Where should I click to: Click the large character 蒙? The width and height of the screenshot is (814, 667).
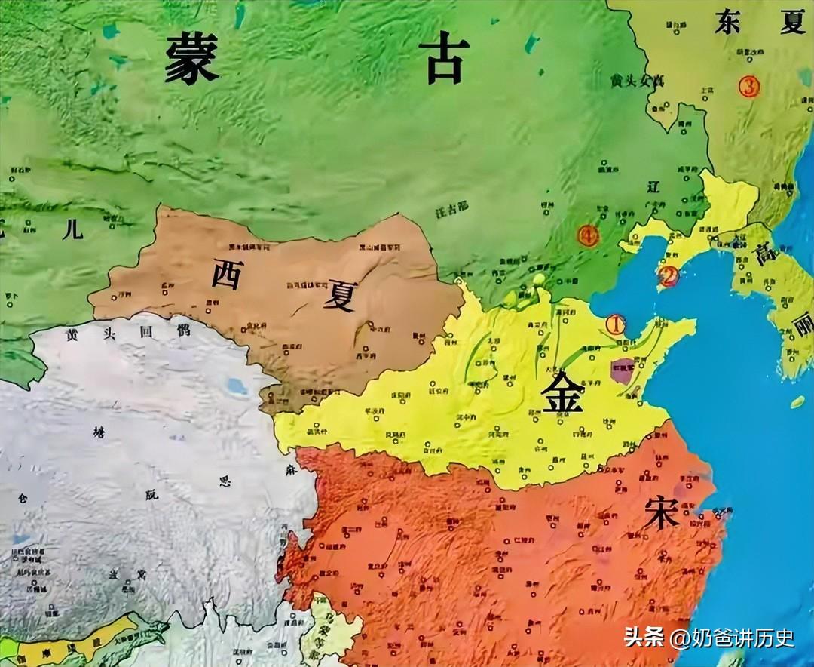pos(192,59)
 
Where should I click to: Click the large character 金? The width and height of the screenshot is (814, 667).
pos(563,392)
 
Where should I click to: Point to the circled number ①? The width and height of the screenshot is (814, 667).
pos(616,324)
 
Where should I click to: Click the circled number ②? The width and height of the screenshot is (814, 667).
pos(667,277)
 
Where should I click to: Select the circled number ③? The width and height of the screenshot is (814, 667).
pos(748,87)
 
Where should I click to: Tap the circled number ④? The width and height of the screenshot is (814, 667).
pos(588,236)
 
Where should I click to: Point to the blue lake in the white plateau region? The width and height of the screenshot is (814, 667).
pos(237,387)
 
